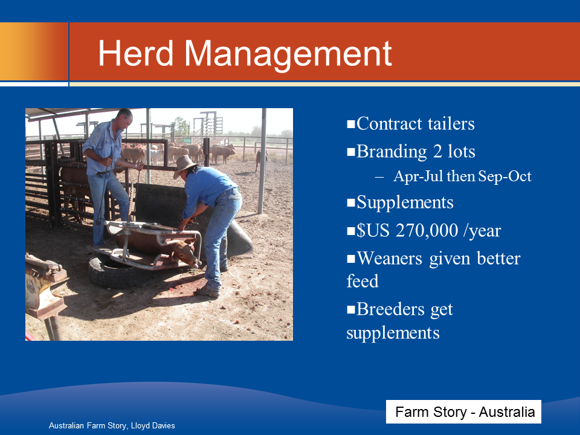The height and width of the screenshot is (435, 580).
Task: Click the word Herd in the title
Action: [136, 53]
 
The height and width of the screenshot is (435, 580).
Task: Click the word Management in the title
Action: [288, 55]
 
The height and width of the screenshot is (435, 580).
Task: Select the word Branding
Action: [391, 152]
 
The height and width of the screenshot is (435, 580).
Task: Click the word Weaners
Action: [390, 258]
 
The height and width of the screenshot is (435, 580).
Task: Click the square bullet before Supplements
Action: [350, 203]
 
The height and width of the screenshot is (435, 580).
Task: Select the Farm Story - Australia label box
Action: [463, 411]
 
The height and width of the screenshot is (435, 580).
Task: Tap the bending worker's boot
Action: [208, 291]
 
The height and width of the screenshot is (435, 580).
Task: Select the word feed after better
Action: [362, 281]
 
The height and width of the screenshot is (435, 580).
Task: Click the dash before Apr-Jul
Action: [379, 178]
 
